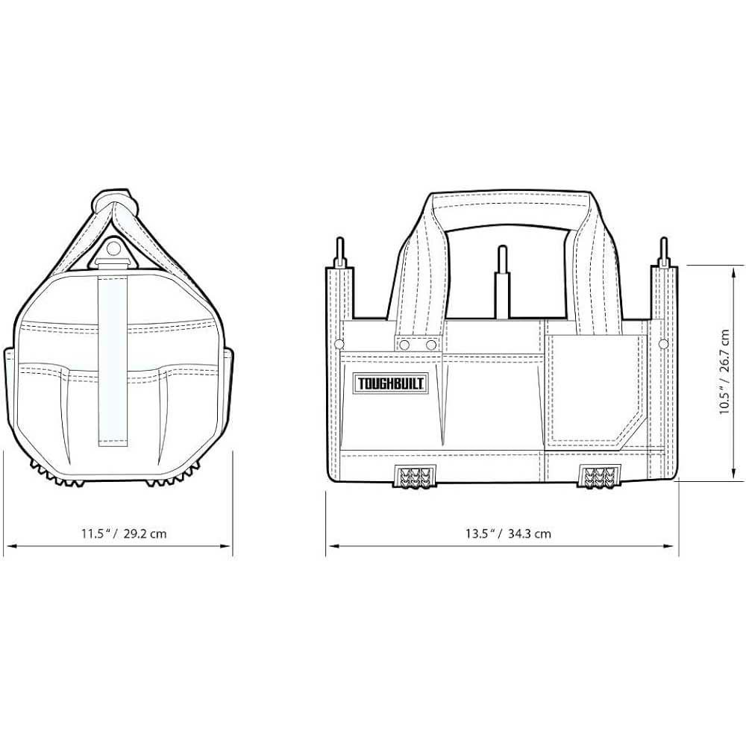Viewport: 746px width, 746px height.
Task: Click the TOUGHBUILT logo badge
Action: (390, 383)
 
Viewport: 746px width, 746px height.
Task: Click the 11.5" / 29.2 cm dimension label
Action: (124, 533)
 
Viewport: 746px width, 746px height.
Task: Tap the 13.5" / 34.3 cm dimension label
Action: (508, 533)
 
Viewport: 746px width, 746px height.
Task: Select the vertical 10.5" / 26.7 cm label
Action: (724, 372)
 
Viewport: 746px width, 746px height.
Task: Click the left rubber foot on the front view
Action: (415, 476)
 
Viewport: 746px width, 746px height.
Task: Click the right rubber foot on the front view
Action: (599, 476)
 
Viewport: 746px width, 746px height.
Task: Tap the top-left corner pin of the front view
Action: (339, 253)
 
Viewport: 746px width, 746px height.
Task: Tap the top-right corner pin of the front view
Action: (664, 253)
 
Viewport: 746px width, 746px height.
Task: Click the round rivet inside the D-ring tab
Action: (113, 248)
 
